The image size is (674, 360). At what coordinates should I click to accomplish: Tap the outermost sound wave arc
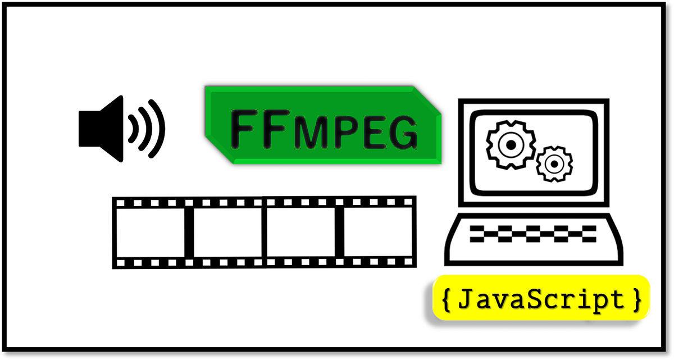(x=160, y=129)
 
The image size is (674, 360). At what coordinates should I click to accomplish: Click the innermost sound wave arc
(x=134, y=129)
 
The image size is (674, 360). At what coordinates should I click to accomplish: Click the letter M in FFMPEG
(x=310, y=133)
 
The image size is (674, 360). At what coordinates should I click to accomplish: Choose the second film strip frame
(x=227, y=232)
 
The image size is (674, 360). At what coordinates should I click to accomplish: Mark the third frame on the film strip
(x=300, y=232)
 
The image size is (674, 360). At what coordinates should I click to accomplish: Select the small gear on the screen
(x=553, y=164)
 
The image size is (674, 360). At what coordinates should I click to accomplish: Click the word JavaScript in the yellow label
(x=541, y=300)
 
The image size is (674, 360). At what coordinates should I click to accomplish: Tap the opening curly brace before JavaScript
(x=447, y=300)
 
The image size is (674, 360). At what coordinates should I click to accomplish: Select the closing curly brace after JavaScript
(x=636, y=300)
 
